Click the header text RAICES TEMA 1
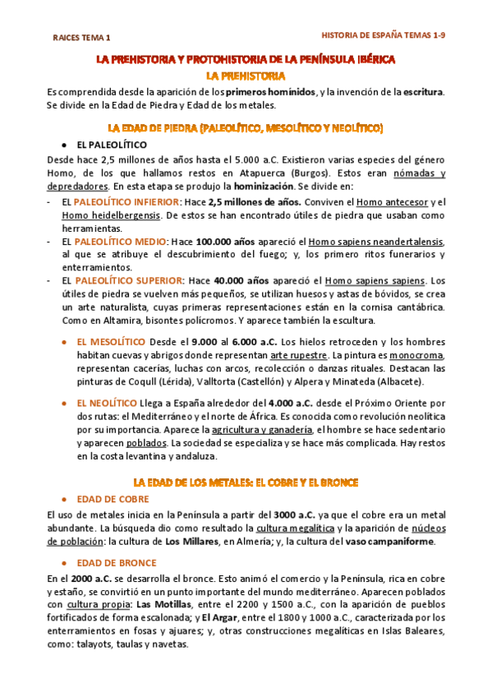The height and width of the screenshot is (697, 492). click(x=80, y=39)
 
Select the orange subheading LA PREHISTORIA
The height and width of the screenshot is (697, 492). click(x=246, y=75)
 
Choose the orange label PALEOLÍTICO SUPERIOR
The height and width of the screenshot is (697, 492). click(x=127, y=279)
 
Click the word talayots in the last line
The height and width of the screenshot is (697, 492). click(x=93, y=644)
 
